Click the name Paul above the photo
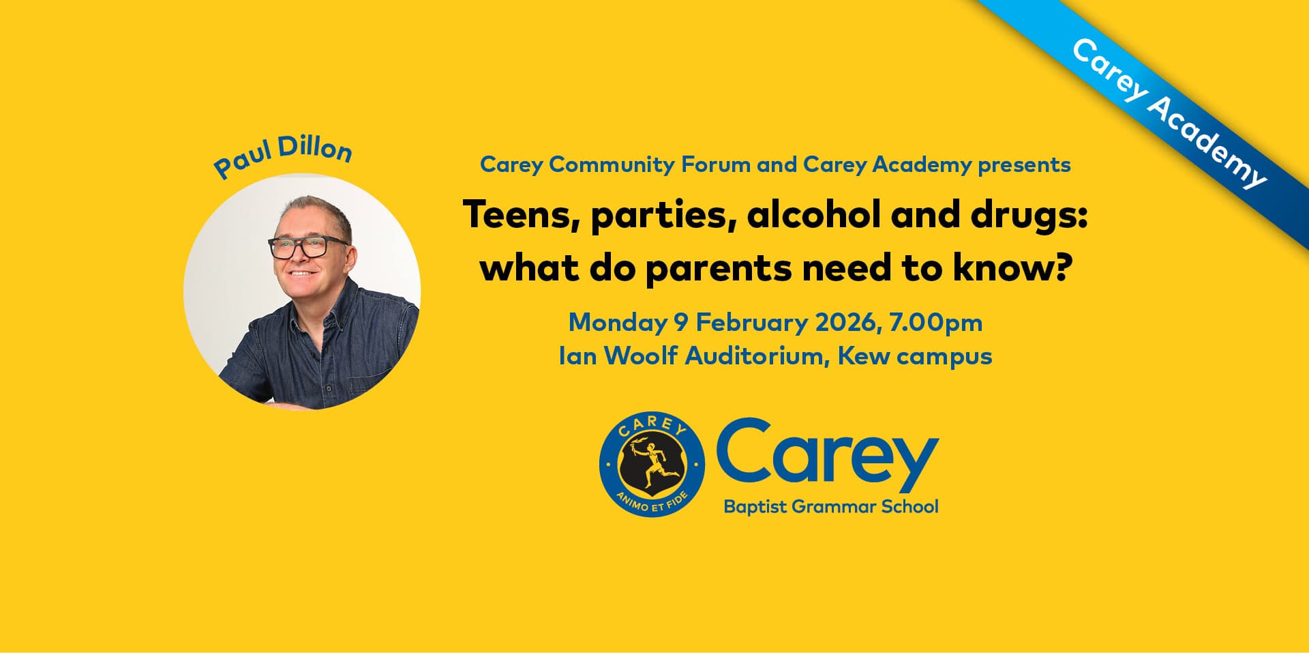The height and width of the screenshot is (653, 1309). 240,160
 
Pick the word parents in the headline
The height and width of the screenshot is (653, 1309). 718,270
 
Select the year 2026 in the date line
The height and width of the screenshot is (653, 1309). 845,322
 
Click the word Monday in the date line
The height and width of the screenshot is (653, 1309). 618,323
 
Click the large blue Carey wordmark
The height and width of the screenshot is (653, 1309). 827,454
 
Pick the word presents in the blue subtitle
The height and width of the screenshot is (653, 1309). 1024,165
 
